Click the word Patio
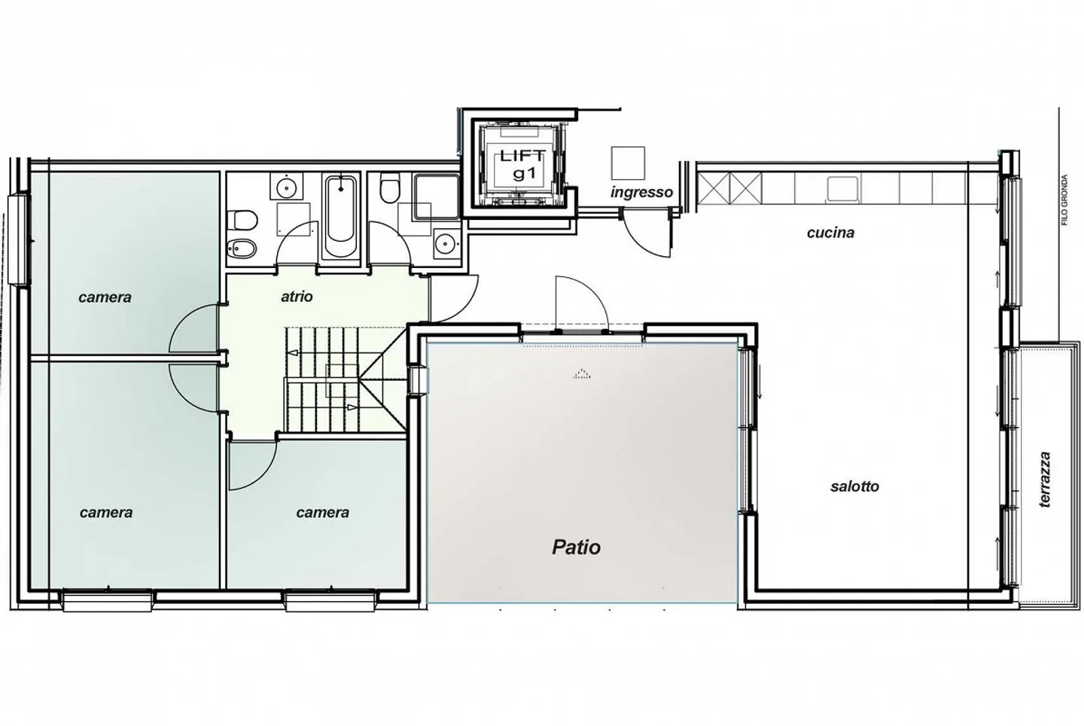[x=576, y=547]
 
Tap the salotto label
[x=854, y=487]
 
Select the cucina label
[x=830, y=233]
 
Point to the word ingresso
[x=641, y=192]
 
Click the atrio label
[x=297, y=297]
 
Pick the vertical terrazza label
[x=1044, y=479]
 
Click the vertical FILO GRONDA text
[x=1064, y=200]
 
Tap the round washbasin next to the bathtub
[x=287, y=186]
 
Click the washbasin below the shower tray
[x=446, y=243]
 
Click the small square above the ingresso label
[x=628, y=163]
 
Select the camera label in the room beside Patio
[x=322, y=513]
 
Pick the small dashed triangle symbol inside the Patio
[x=580, y=373]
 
